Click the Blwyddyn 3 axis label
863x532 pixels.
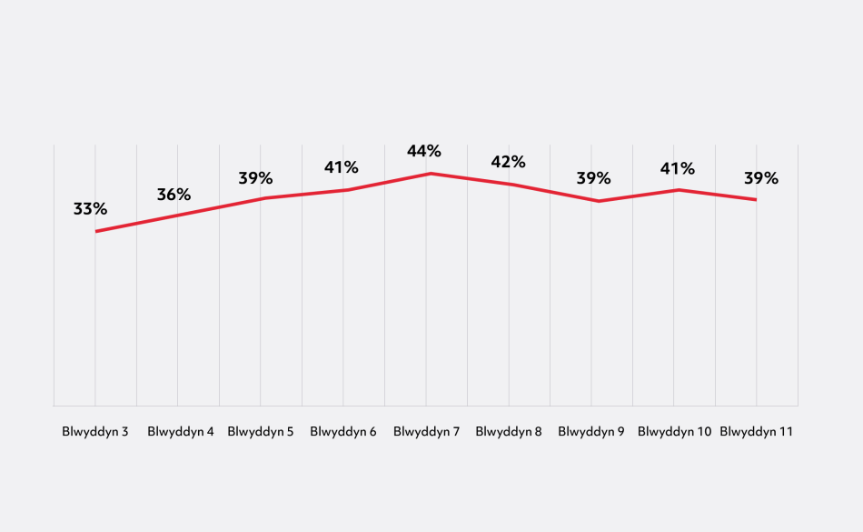coord(94,432)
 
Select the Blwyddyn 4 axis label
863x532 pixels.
coord(180,432)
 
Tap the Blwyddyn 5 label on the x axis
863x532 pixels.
coord(261,432)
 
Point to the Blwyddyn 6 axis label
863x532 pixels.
coord(343,432)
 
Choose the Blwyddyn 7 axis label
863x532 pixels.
coord(426,432)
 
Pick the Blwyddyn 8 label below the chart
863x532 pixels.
coord(509,432)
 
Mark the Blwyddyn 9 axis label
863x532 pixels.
coord(591,432)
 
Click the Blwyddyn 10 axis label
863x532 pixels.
coord(674,432)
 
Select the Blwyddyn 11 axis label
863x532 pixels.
coord(757,432)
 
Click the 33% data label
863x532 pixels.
coord(90,209)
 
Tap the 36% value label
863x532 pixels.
coord(174,195)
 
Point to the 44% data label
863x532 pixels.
coord(424,151)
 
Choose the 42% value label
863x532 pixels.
coord(508,163)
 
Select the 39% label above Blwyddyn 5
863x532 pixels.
coord(256,178)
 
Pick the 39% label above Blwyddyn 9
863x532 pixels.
coord(594,178)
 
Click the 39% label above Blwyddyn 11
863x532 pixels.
coord(761,177)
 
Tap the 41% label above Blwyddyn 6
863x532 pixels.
coord(342,167)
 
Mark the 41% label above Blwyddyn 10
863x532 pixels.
coord(678,168)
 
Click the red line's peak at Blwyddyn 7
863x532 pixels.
coord(427,173)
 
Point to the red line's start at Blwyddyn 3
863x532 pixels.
coord(95,231)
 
